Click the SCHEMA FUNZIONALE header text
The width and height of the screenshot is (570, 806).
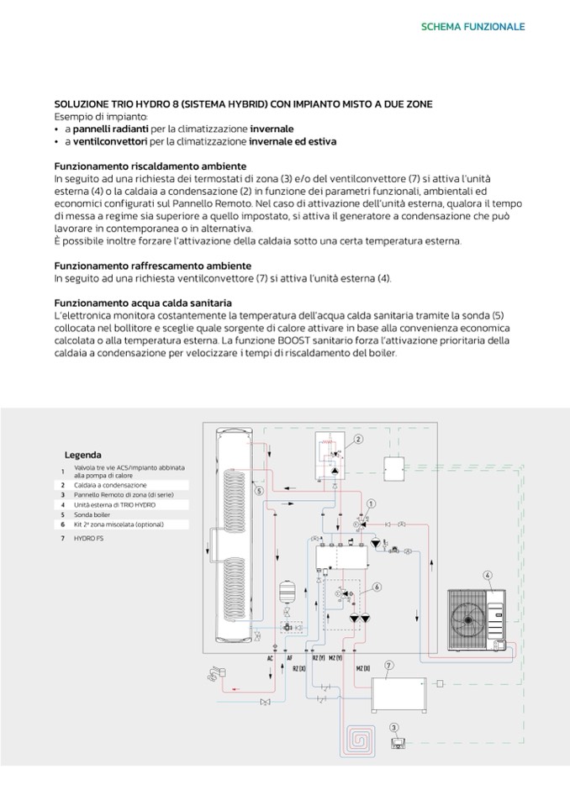tap(472, 27)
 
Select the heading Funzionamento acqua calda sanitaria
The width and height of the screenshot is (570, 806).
tap(143, 303)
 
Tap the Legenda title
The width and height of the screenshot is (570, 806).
tap(82, 454)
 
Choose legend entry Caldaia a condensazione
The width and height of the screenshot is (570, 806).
tap(110, 485)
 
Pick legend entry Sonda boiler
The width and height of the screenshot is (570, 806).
tap(92, 514)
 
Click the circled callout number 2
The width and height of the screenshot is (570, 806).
tap(358, 439)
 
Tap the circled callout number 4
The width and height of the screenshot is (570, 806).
tap(487, 576)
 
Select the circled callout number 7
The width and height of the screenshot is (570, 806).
tap(389, 666)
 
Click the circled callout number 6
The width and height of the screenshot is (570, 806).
tap(377, 587)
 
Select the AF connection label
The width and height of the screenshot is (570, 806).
tap(290, 658)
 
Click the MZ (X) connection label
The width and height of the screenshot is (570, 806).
tap(362, 667)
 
